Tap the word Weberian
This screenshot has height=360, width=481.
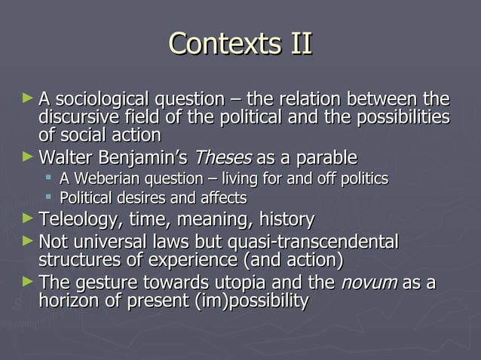104,179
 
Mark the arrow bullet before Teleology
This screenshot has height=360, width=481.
28,219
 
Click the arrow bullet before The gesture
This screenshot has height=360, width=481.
28,282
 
